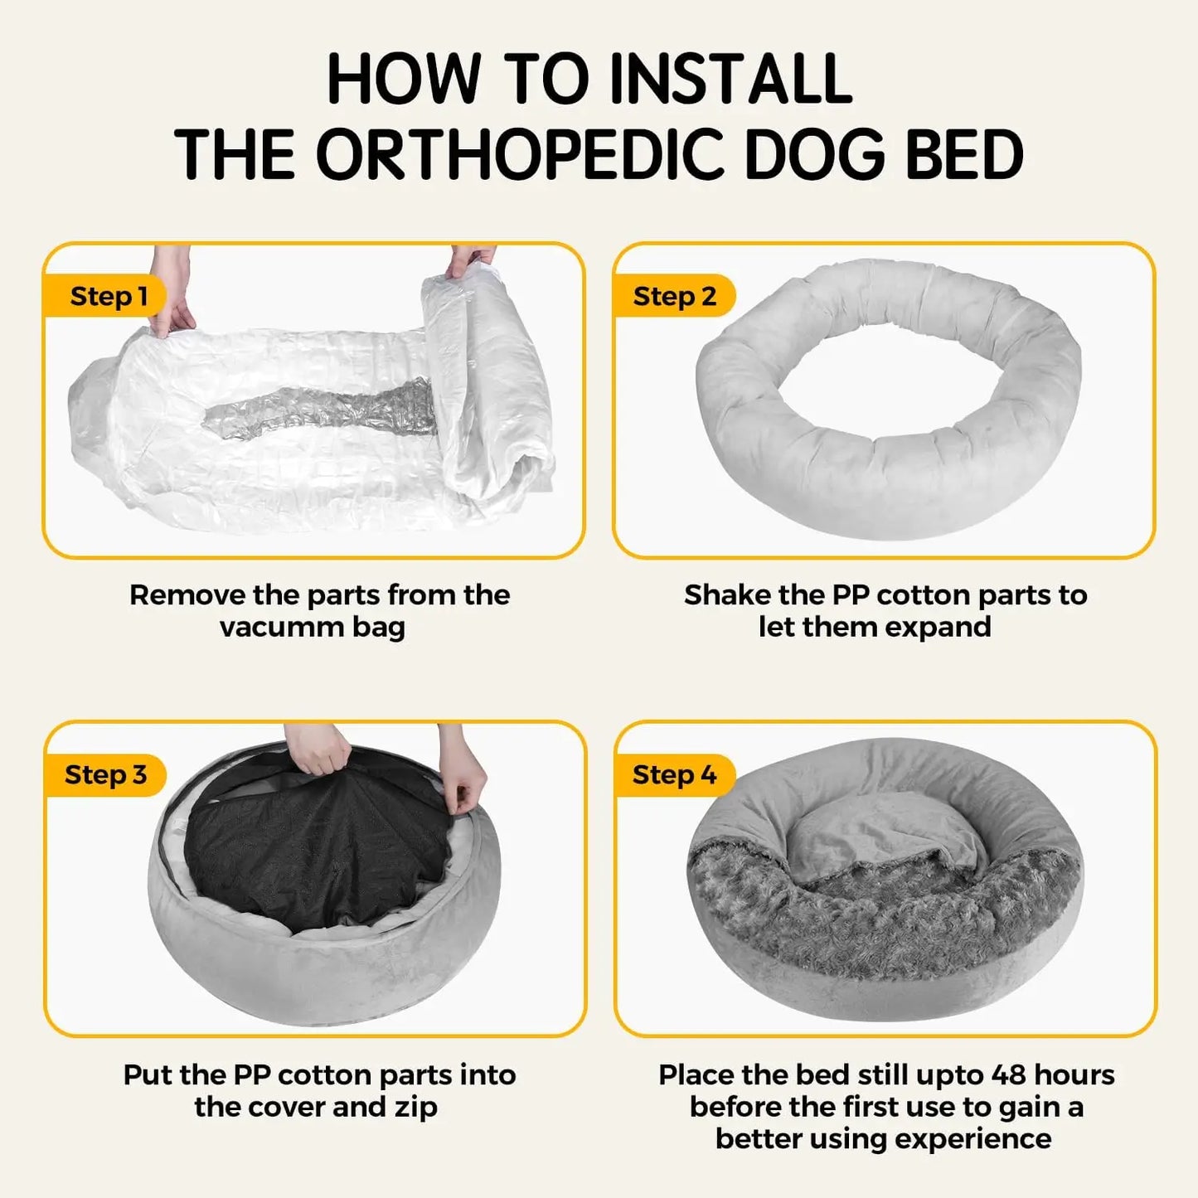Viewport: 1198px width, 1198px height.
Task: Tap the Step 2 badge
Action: tap(674, 296)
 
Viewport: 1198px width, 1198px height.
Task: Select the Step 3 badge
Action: tap(105, 774)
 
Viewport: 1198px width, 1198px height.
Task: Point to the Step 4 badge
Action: tap(674, 774)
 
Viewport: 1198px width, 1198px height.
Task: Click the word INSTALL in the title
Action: tap(730, 80)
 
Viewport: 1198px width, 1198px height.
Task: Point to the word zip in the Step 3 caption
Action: tap(415, 1108)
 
